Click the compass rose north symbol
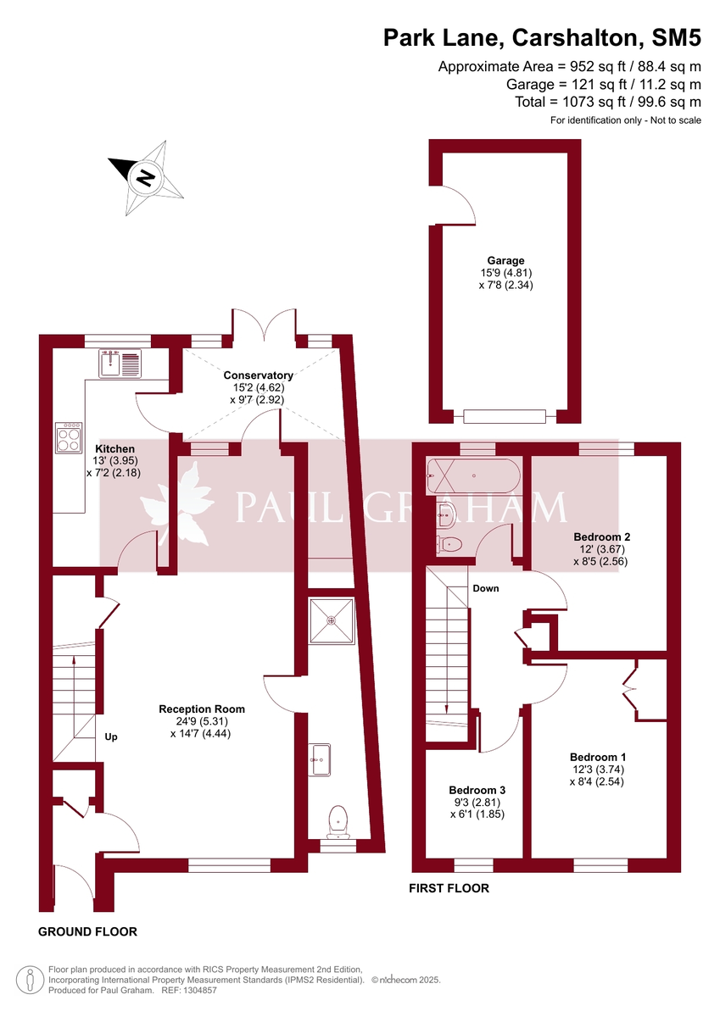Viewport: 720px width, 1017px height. point(147,178)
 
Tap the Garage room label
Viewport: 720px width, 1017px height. point(505,260)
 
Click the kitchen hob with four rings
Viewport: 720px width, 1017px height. point(69,437)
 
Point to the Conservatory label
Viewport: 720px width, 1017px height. point(258,375)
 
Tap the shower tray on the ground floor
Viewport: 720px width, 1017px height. point(332,620)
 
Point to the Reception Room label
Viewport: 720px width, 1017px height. point(202,709)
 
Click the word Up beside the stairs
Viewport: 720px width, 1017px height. point(111,736)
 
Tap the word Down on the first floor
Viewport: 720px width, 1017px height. point(485,588)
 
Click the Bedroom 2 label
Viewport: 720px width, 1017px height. point(601,536)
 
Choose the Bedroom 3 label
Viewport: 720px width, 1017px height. point(477,788)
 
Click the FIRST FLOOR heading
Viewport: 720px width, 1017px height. point(449,888)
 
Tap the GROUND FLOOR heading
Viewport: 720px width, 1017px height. point(87,931)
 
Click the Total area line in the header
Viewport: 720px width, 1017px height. point(608,102)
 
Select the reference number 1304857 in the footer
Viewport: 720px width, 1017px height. point(198,989)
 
